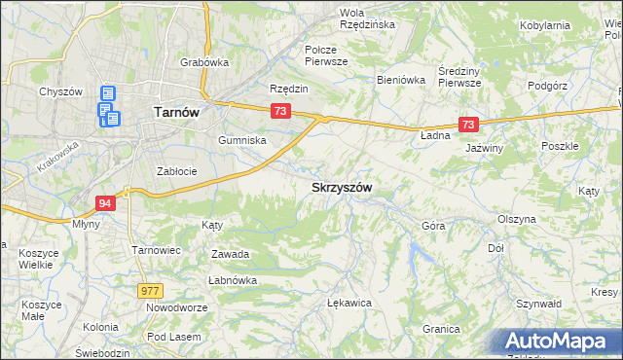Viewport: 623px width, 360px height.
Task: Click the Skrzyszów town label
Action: (342, 186)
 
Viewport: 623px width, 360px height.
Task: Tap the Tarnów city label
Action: (177, 112)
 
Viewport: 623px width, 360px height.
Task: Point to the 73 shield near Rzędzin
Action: (280, 112)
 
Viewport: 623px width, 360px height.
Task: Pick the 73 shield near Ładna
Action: (469, 125)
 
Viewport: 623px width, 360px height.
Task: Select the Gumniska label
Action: (242, 140)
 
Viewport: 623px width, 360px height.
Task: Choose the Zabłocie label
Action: (177, 171)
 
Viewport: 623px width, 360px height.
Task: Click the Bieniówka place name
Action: (402, 81)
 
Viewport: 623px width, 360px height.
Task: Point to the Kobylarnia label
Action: (572, 24)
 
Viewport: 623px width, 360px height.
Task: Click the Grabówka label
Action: (203, 62)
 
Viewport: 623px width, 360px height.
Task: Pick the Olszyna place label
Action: (516, 219)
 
